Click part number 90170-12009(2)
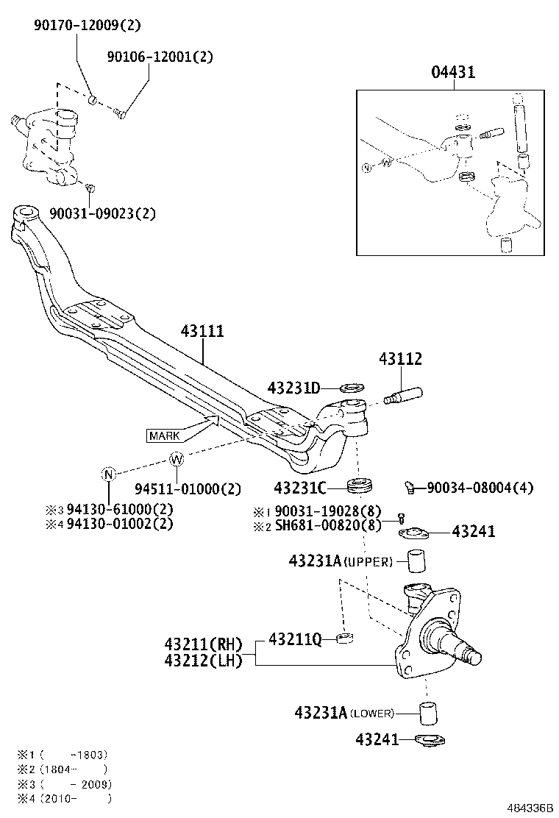coord(87,25)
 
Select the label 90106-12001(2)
coord(160,57)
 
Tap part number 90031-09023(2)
coord(102,214)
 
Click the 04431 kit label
coord(452,72)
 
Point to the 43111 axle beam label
coord(202,332)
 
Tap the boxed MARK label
coord(164,435)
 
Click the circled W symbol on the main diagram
coord(177,460)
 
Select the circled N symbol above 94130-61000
coord(108,474)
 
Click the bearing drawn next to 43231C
coord(360,486)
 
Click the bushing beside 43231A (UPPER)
coord(418,563)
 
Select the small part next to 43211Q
coord(343,637)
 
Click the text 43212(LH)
coord(204,660)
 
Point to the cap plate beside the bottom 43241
coord(427,739)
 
